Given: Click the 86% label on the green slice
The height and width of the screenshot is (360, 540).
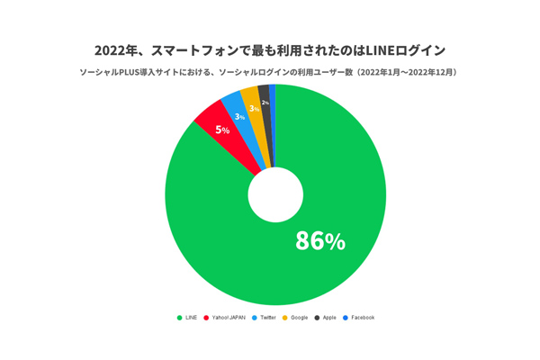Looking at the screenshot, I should [320, 240].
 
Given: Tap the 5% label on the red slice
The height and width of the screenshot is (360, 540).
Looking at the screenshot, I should [222, 130].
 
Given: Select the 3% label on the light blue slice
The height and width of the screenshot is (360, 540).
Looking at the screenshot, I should [239, 117].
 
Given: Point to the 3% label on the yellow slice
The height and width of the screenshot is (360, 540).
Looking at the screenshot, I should [255, 109].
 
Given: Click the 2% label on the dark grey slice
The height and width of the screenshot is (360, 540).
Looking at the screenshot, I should [265, 103].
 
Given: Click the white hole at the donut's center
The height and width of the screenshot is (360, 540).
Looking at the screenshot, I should [275, 195].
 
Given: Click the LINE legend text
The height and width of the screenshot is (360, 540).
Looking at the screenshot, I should [191, 318].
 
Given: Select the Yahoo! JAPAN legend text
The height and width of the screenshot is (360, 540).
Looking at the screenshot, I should [229, 318].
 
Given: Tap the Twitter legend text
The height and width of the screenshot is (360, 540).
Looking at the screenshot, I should [268, 318].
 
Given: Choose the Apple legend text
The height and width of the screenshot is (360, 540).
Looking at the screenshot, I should [330, 318].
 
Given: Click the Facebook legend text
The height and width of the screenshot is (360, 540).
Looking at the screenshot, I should [363, 318].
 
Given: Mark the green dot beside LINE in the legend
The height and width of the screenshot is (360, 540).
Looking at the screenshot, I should [180, 318].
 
